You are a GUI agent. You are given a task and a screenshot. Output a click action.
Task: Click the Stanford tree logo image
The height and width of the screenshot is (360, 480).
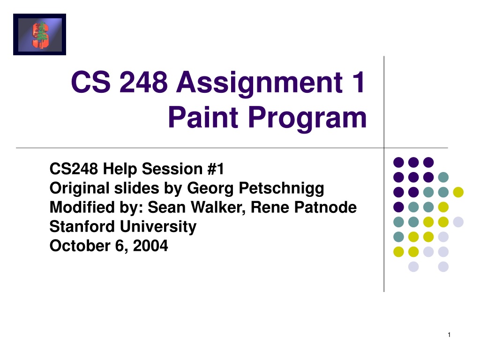tap(39, 34)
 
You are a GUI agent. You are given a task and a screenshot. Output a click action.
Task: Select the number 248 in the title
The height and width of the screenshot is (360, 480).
tap(143, 82)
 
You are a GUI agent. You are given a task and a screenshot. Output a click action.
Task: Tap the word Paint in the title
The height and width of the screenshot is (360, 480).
tap(203, 117)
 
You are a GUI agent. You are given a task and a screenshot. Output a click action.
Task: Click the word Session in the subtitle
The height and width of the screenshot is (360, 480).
tap(172, 169)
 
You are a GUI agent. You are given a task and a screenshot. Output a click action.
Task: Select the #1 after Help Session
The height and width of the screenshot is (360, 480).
tap(216, 169)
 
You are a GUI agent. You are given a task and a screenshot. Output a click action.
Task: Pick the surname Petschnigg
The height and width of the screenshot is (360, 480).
tap(281, 189)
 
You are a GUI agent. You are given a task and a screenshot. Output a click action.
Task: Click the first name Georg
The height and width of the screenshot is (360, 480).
tap(210, 189)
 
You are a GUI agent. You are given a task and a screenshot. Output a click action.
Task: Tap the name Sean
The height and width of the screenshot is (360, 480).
tap(167, 208)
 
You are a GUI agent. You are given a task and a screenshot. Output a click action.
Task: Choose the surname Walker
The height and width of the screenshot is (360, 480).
tap(218, 208)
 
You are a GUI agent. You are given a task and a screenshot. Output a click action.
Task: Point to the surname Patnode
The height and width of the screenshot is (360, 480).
tap(325, 208)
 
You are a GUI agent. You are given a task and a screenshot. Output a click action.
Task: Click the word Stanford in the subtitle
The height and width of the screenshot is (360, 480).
tap(82, 227)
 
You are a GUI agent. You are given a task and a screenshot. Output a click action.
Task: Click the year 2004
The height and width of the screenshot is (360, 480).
tap(150, 246)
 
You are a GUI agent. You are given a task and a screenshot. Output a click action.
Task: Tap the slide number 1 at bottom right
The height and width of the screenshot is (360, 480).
tap(449, 335)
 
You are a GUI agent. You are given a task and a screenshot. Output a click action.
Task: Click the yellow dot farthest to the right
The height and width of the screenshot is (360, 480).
tap(458, 192)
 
